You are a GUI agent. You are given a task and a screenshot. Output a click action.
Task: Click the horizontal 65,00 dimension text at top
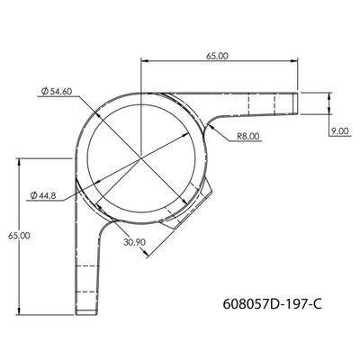[x=217, y=56]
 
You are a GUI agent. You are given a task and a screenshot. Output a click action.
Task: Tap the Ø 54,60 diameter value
[x=66, y=91]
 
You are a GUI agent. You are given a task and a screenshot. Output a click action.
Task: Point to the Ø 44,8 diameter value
[x=48, y=195]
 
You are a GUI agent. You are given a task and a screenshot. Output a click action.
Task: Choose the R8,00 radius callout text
[x=249, y=136]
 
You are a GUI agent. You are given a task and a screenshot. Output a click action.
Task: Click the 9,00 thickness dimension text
[x=339, y=131]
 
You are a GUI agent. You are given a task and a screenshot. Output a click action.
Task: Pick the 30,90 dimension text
[x=135, y=242]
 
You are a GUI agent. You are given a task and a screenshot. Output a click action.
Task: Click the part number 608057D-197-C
[x=270, y=303]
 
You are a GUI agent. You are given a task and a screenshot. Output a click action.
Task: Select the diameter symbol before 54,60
[x=43, y=91]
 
